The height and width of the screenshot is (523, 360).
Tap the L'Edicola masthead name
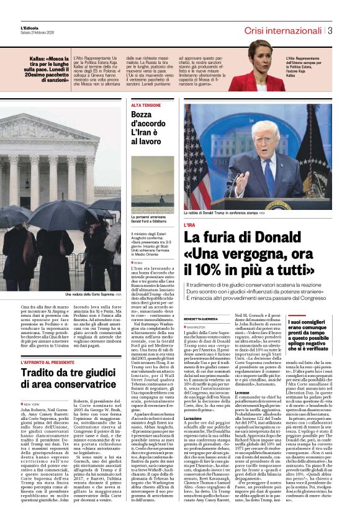pyautogui.click(x=29, y=28)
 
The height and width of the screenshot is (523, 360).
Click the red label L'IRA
pyautogui.click(x=189, y=224)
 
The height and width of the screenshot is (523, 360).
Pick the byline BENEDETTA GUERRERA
pyautogui.click(x=200, y=319)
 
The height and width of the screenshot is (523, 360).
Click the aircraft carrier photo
pyautogui.click(x=153, y=183)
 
